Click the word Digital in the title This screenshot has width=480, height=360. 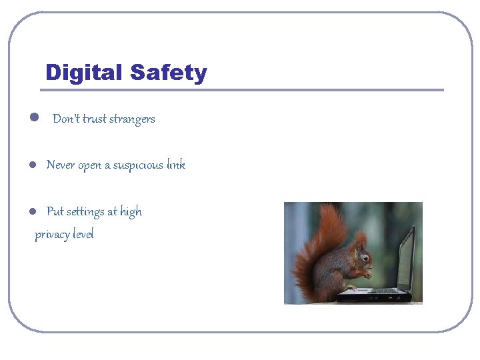coord(84,73)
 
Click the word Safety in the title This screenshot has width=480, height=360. coord(169,73)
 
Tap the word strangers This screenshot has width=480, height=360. coord(132,119)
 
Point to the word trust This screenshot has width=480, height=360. coord(94,119)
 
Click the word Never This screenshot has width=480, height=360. coord(61,165)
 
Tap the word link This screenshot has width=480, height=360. coord(176,165)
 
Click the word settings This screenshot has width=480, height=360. coord(85,212)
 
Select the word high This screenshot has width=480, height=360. coord(131,212)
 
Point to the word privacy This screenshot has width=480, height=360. coord(51,235)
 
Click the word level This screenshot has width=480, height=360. coord(83,234)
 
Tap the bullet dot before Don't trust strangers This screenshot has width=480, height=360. coord(33,119)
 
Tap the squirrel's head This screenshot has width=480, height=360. coord(361,252)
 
